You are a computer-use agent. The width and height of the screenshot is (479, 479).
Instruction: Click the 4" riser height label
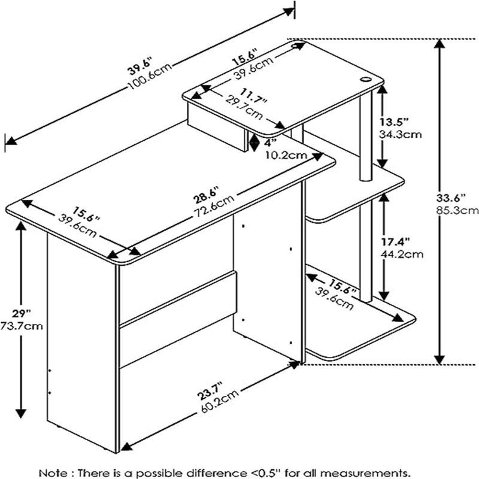pyautogui.click(x=270, y=143)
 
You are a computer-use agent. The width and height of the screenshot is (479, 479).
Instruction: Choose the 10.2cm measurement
pyautogui.click(x=286, y=155)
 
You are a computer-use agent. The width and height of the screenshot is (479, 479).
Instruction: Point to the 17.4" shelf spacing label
pyautogui.click(x=396, y=242)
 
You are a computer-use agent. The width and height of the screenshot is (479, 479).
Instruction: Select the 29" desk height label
pyautogui.click(x=22, y=314)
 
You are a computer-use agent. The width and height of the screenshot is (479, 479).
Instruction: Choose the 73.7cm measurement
pyautogui.click(x=22, y=326)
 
